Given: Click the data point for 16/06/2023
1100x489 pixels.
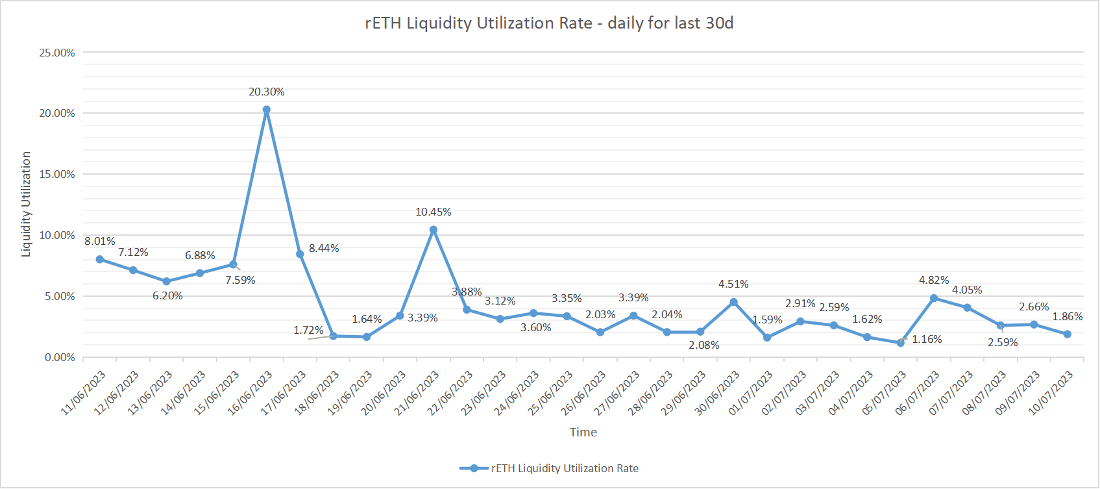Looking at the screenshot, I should (267, 110).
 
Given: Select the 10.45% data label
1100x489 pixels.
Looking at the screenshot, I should (434, 212).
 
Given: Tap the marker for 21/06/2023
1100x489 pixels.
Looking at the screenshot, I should (434, 230).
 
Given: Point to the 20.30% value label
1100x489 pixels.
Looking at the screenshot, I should (267, 92).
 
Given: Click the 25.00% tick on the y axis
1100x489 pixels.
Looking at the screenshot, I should (57, 53).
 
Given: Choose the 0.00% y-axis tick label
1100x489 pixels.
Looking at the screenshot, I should (60, 357).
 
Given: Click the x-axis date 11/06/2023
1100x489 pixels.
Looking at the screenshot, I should (84, 393).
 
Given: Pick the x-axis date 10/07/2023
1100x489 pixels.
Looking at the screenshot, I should (1051, 393).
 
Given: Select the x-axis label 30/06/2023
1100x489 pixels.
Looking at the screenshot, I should (718, 393).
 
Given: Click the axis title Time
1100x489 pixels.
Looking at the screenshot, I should (583, 433).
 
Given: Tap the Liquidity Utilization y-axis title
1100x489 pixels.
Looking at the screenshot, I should (26, 205).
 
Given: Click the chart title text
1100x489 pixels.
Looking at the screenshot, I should (549, 23).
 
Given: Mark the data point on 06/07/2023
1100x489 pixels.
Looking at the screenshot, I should (934, 298).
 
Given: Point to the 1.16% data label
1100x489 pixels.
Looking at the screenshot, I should (927, 340).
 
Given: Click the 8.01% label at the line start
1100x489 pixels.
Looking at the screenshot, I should (100, 242).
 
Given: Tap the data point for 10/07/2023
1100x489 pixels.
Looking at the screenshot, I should (1068, 334).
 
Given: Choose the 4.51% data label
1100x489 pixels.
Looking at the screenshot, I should (733, 284).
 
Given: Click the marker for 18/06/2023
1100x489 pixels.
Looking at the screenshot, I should (334, 336).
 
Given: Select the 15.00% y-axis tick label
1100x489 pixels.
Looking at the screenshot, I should (57, 174).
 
